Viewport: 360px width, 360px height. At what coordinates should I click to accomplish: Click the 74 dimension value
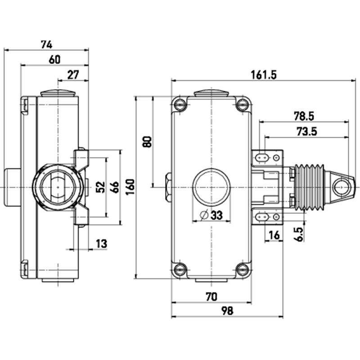tap(47, 44)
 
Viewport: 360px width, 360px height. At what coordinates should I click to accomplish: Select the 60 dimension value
tap(54, 60)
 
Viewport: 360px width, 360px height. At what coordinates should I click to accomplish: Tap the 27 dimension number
tap(73, 75)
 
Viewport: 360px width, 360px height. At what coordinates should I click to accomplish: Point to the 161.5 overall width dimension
tap(264, 75)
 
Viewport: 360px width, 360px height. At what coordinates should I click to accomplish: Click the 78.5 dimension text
tap(304, 116)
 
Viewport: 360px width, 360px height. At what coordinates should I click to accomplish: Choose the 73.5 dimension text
tap(307, 131)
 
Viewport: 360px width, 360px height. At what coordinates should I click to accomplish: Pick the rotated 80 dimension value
tap(147, 142)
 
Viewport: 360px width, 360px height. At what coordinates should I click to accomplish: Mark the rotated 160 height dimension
tap(130, 187)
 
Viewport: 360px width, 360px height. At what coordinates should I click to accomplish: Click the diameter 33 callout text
tap(211, 216)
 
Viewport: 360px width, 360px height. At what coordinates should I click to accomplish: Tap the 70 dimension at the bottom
tap(211, 297)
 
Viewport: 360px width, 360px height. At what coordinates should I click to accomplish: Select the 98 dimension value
tap(227, 311)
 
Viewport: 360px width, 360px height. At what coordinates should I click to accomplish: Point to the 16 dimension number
tap(274, 235)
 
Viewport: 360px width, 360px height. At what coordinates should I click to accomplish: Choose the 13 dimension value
tap(102, 243)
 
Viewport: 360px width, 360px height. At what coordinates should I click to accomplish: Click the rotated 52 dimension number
tap(100, 187)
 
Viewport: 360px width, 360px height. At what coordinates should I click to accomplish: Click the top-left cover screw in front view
tap(180, 105)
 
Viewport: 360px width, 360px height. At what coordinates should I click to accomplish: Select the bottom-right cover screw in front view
tap(243, 270)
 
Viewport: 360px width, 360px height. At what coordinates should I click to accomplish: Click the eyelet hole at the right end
tap(341, 187)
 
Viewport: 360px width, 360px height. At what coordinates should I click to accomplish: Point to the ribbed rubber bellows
tap(309, 187)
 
